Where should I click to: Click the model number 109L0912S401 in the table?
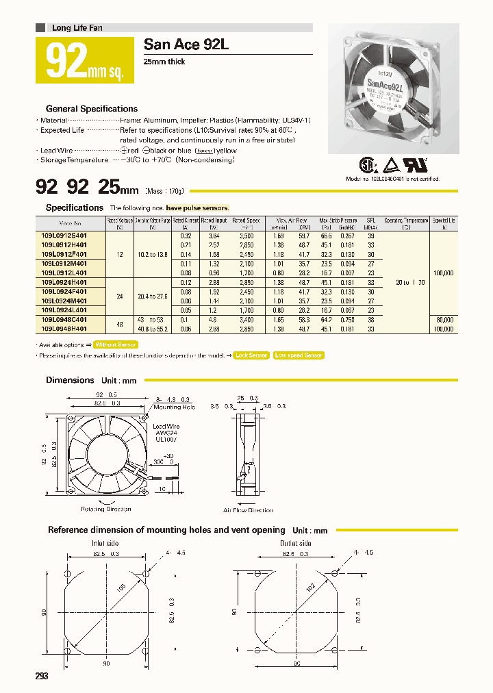click(70, 235)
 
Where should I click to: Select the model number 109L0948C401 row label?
click(70, 318)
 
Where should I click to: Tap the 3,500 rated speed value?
click(246, 235)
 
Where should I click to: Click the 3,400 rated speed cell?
click(246, 318)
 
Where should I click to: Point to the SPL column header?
click(371, 220)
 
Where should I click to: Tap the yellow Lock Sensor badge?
click(251, 355)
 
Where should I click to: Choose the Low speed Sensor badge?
click(298, 355)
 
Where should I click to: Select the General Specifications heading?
click(91, 109)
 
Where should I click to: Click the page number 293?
click(42, 676)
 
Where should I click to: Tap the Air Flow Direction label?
click(248, 510)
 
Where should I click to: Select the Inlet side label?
click(104, 544)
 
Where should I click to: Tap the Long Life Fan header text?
click(77, 28)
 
